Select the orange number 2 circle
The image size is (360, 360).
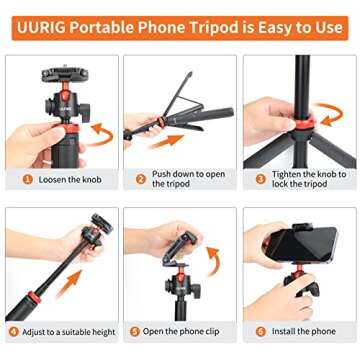pos(142,179)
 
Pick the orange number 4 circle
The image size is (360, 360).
pos(12,331)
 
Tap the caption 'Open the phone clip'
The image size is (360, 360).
pos(183,331)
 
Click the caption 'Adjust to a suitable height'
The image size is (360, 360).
pos(65,331)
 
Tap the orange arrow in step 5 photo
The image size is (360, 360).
pos(213,262)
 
